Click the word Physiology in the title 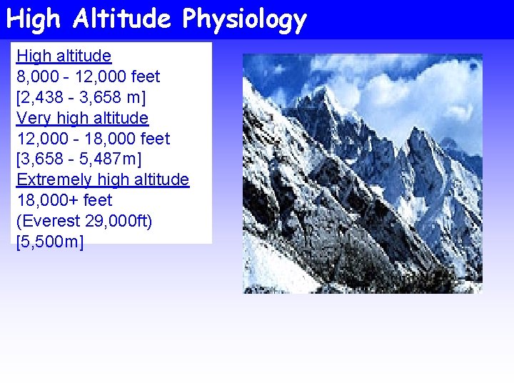coord(244,20)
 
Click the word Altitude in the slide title coord(122,19)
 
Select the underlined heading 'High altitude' coord(64,56)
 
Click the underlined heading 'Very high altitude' coord(82,118)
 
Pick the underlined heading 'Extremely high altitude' coord(103,179)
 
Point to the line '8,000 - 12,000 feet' coord(88,76)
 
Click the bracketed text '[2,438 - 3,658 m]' coord(85,97)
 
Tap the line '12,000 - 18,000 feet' coord(93,138)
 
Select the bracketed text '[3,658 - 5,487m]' coord(85,159)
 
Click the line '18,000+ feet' coord(64,200)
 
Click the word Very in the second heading coord(32,118)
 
